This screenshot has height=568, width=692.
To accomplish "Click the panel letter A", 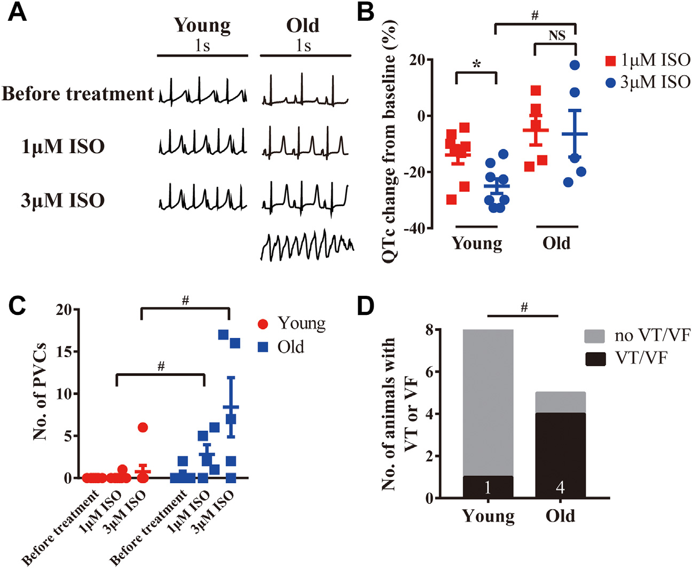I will click(17, 12).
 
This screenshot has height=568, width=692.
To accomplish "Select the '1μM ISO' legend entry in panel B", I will click(647, 60).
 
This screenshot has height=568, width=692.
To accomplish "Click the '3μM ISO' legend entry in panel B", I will click(647, 83).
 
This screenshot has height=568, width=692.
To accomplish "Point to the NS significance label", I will click(556, 36).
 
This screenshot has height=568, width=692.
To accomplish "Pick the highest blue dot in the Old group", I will click(575, 65).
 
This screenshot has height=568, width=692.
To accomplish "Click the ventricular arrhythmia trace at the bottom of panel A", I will click(307, 245).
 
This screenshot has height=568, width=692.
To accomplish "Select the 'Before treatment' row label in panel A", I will click(78, 94).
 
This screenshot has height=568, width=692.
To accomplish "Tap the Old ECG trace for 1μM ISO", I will click(305, 144).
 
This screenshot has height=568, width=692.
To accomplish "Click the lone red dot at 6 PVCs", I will click(143, 427).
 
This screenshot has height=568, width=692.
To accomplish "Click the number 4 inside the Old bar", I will click(560, 487).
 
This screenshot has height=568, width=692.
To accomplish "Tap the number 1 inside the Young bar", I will click(488, 487).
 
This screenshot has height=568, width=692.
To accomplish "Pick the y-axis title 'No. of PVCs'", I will click(40, 392).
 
